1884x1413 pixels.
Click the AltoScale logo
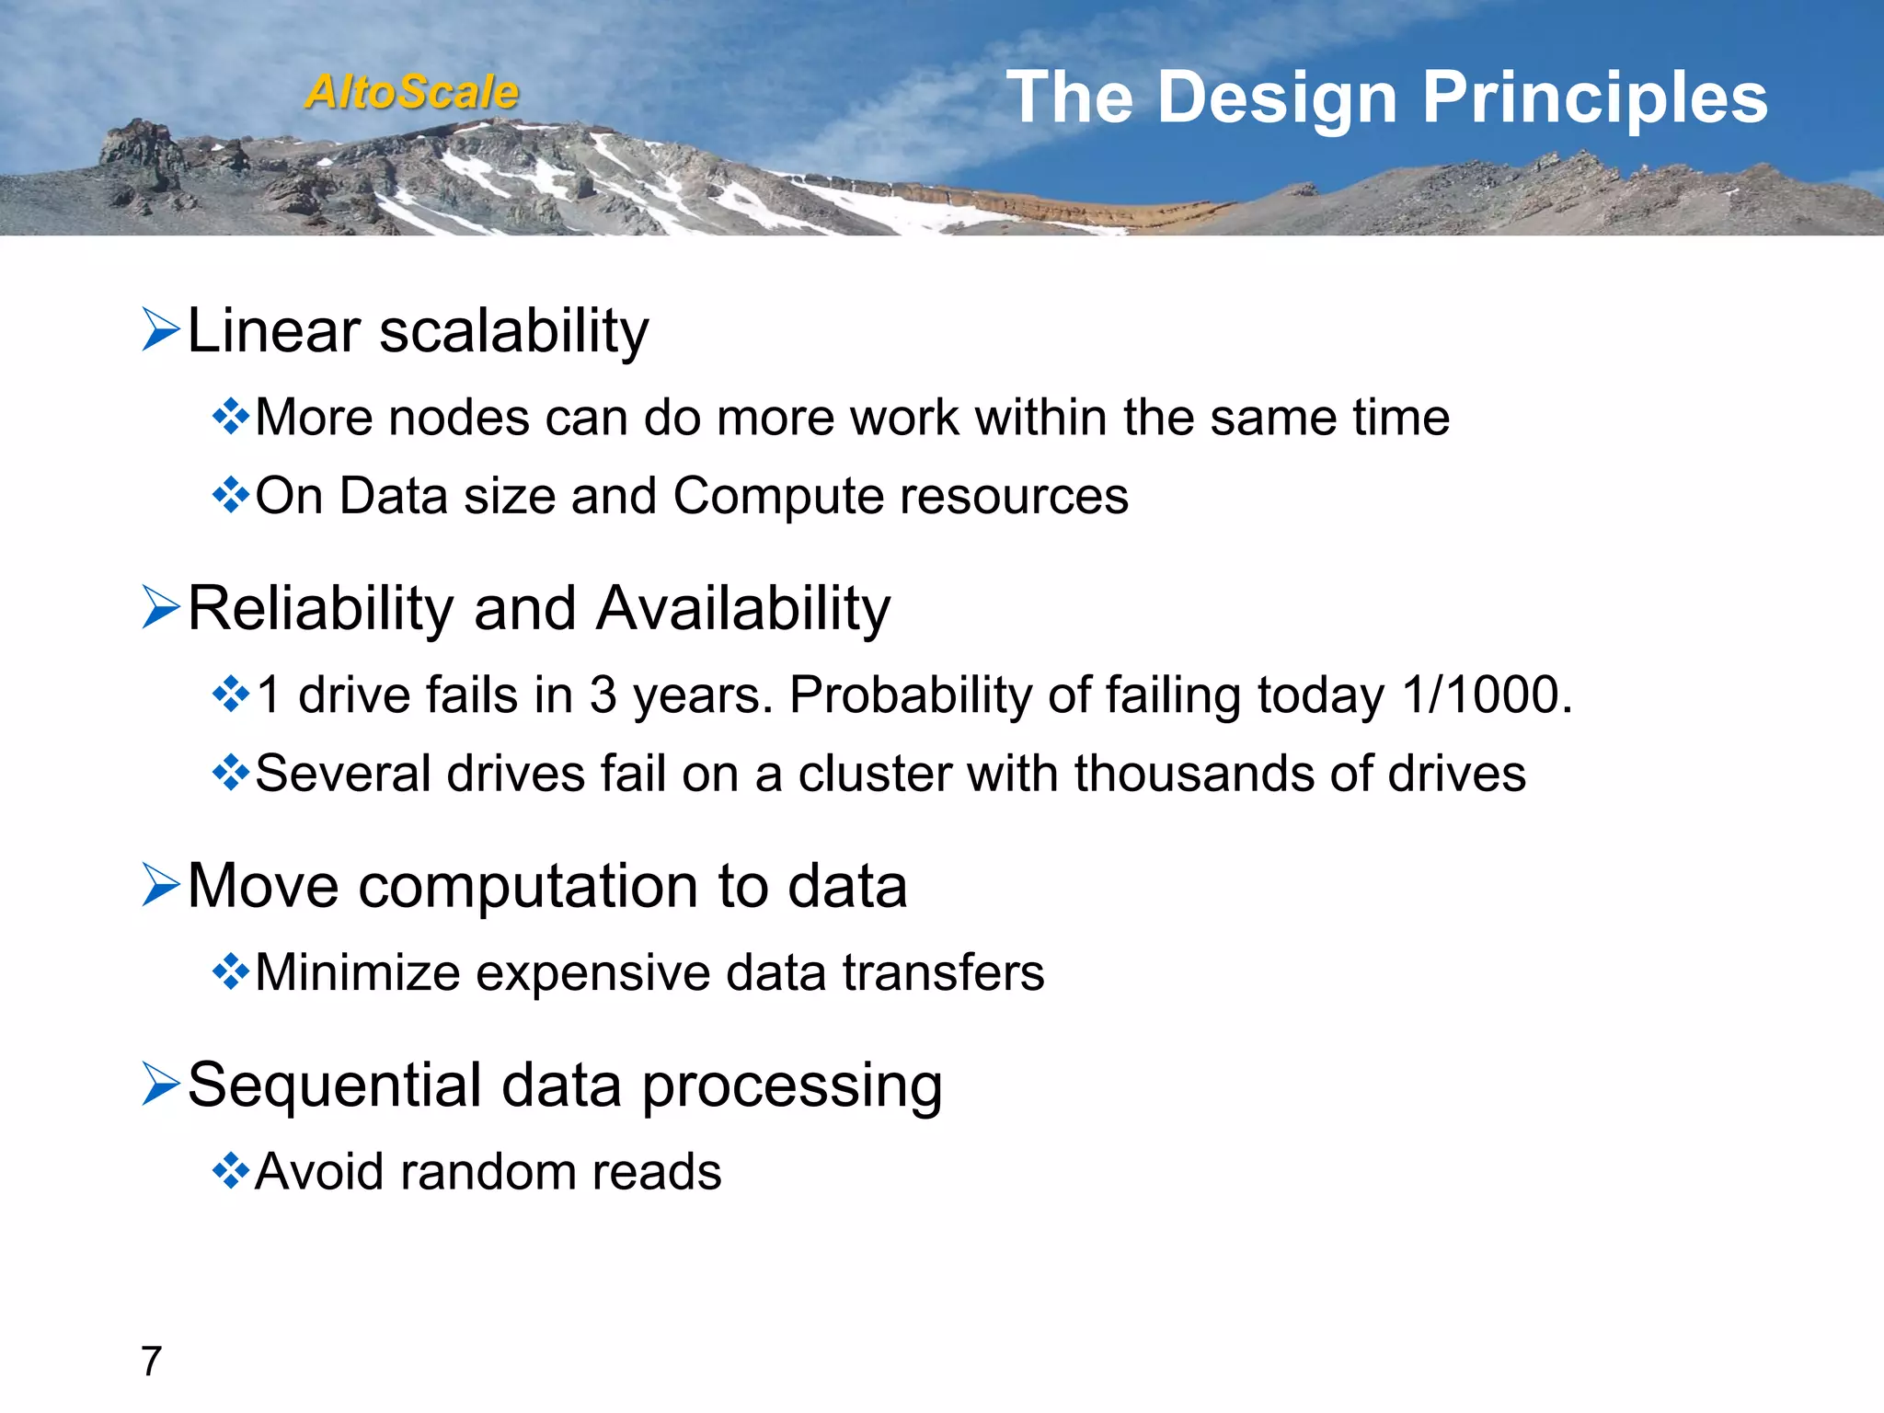[411, 92]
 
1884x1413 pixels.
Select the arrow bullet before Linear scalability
[161, 330]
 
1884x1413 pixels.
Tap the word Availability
[743, 609]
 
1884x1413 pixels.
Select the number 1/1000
[1487, 695]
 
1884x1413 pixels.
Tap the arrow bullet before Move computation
[161, 885]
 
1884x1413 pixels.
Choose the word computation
[528, 888]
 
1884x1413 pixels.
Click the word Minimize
[357, 972]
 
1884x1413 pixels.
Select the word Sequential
[335, 1086]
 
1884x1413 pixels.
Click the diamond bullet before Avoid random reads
[230, 1171]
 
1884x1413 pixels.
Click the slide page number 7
[152, 1361]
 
